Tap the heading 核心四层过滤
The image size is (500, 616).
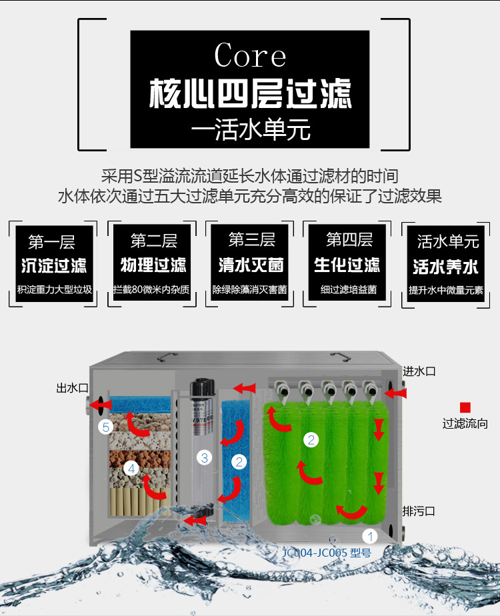coord(250,93)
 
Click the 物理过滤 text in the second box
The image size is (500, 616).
coord(153,266)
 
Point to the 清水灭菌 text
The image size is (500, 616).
coord(251,265)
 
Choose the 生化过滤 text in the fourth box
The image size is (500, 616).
coord(347,265)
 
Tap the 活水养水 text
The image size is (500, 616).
coord(445,267)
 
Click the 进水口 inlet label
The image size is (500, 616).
coord(419,371)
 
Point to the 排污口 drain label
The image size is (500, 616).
coord(419,511)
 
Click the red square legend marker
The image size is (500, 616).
coord(465,407)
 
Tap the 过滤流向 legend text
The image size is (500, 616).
coord(465,423)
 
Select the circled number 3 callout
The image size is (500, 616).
coord(205,457)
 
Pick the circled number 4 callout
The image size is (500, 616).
coord(131,469)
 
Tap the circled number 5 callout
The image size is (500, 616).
coord(105,427)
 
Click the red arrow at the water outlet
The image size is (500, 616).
coord(101,403)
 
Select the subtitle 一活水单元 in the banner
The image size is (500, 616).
coord(250,130)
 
